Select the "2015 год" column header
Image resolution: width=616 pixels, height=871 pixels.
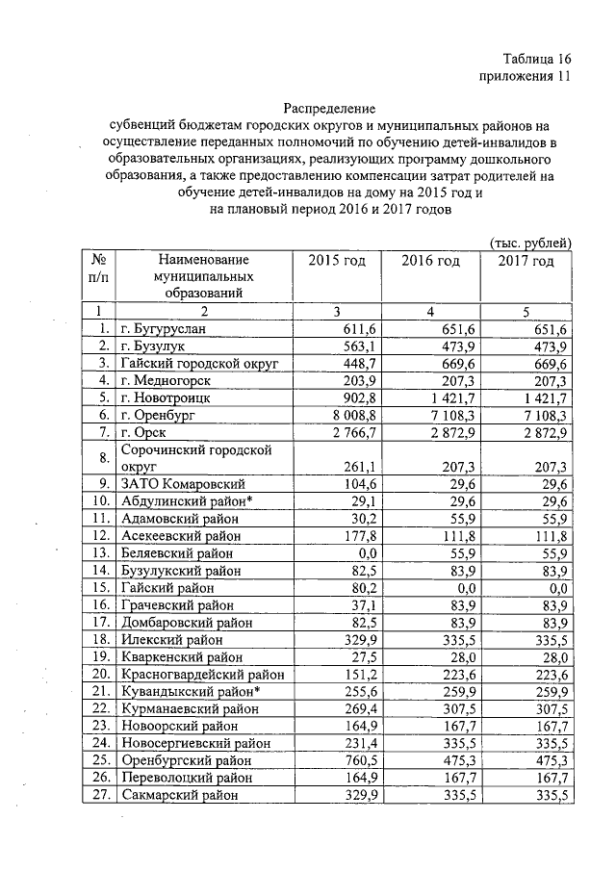pyautogui.click(x=336, y=261)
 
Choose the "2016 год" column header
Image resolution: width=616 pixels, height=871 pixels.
pyautogui.click(x=430, y=261)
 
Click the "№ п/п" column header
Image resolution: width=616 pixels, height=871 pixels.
pyautogui.click(x=96, y=269)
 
